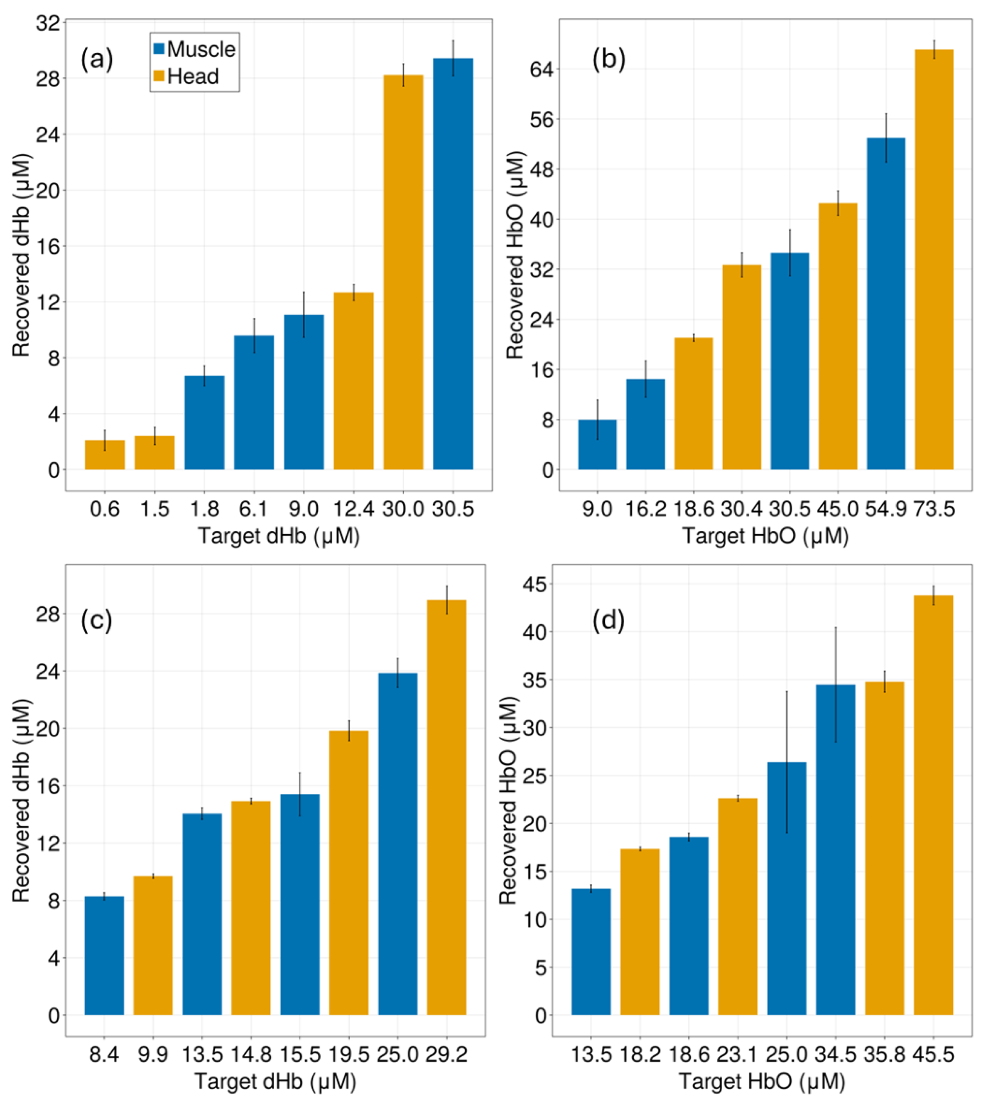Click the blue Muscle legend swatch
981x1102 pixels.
click(159, 49)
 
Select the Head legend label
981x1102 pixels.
click(193, 76)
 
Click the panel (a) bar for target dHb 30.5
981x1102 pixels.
click(453, 264)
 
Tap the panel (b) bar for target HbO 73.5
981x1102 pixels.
click(934, 259)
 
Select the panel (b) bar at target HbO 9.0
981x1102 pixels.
click(597, 444)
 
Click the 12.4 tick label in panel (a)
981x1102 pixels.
click(353, 508)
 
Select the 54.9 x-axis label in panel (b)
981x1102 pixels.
click(886, 508)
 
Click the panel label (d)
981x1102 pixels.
click(608, 621)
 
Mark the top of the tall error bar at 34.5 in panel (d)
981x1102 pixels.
click(836, 628)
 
